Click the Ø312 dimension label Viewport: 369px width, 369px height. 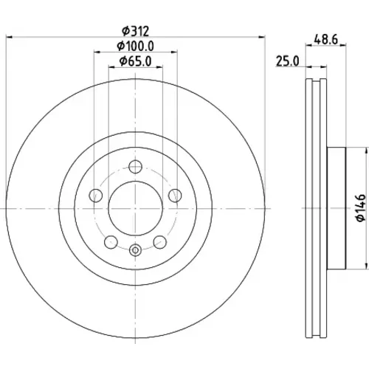[136, 31]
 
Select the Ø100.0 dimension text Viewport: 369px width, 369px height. [136, 46]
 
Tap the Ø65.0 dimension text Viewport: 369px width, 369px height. [136, 61]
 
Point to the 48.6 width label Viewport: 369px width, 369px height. [326, 39]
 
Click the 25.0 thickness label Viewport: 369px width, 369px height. [287, 61]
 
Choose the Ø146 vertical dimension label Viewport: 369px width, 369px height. [361, 208]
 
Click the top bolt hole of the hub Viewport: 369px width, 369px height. [136, 167]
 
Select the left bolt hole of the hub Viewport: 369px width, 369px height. [96, 196]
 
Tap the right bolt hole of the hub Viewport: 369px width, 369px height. [175, 196]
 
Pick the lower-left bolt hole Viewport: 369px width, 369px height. [111, 242]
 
